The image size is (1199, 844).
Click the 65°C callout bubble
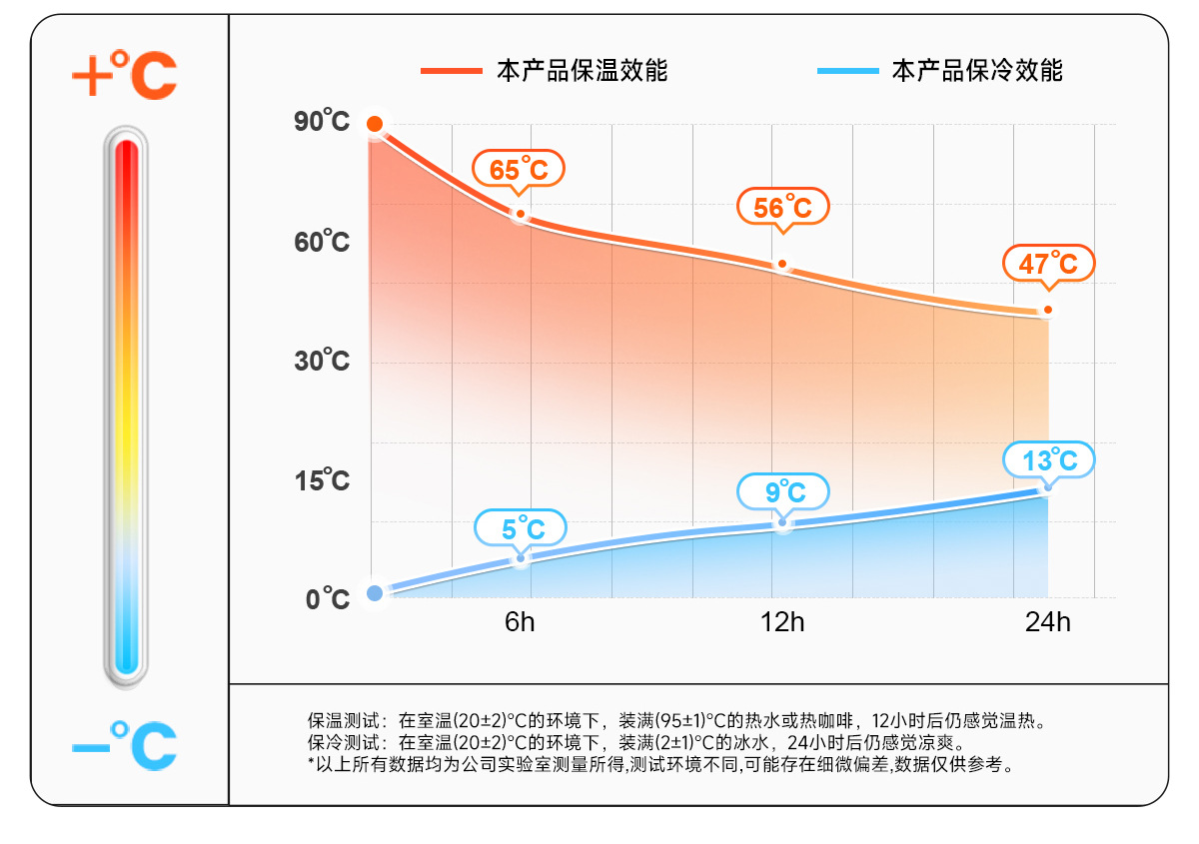[x=519, y=169]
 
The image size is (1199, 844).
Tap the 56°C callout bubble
[x=783, y=207]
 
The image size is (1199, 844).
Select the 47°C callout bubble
[x=1049, y=263]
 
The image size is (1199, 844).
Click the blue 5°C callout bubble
[x=521, y=527]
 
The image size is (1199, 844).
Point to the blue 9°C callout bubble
[x=784, y=491]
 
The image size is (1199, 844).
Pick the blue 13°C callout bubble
[x=1049, y=459]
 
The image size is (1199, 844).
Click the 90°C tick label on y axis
[x=322, y=123]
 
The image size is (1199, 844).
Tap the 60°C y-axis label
[x=322, y=242]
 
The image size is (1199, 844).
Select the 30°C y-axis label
[x=322, y=361]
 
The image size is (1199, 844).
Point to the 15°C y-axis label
[x=322, y=480]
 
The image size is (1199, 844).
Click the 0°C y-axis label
[x=328, y=599]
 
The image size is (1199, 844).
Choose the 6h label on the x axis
[x=520, y=622]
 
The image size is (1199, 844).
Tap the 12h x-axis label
[x=782, y=622]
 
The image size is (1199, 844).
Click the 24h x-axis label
[x=1047, y=622]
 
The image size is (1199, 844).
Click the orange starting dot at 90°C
[x=375, y=124]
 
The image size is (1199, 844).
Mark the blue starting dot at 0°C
[x=375, y=593]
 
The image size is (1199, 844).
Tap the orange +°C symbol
[x=125, y=74]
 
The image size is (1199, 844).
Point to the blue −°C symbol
[x=125, y=744]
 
